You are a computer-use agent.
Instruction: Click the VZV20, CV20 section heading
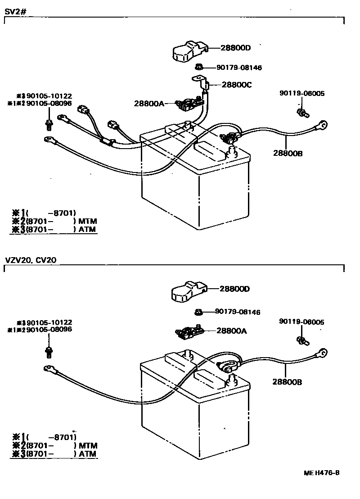click(31, 260)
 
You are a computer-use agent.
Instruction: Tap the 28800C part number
click(237, 84)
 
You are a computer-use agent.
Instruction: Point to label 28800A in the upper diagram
click(149, 103)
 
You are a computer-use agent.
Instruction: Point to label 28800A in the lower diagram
click(232, 331)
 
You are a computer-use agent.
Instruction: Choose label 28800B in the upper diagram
click(287, 153)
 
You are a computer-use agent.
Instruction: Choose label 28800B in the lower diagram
click(287, 382)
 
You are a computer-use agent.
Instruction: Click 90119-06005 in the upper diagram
click(301, 94)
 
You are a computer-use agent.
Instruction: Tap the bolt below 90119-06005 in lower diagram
click(302, 340)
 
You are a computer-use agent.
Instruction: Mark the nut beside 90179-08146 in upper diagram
click(198, 67)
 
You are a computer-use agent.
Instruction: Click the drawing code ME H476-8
click(321, 472)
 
